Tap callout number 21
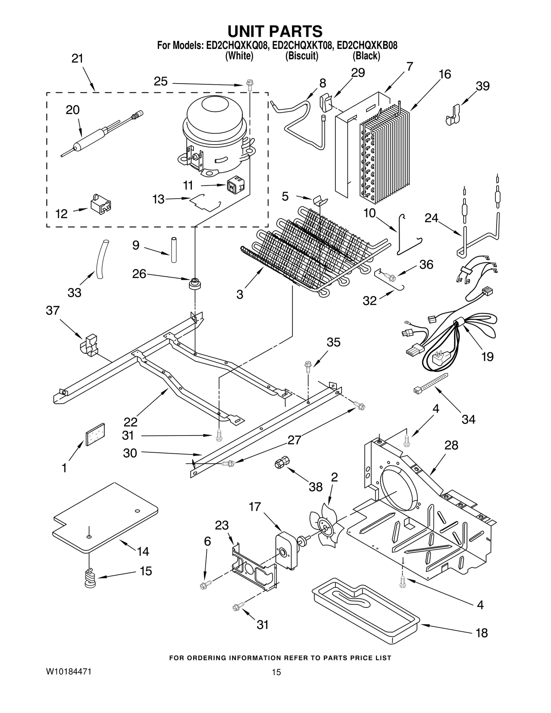coord(77,59)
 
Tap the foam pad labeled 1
coord(95,434)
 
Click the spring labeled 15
coord(91,578)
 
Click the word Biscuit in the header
coord(302,56)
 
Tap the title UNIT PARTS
coord(275,31)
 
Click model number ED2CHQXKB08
coord(367,45)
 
